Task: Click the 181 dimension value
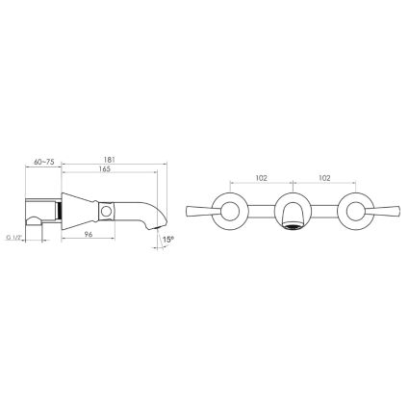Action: tap(110, 160)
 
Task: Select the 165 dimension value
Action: tap(105, 169)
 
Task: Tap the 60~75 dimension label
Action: tap(43, 162)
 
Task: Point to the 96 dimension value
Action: tap(89, 235)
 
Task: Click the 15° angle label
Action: tap(168, 240)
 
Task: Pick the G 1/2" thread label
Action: tap(13, 238)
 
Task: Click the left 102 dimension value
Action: tap(261, 178)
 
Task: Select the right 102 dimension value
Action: tap(324, 178)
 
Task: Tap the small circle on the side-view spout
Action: tap(106, 212)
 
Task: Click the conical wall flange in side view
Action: tap(79, 211)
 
